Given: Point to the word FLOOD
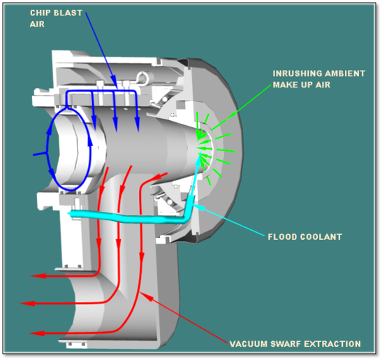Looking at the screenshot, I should tap(283, 237).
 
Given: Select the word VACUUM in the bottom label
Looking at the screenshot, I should tap(247, 343).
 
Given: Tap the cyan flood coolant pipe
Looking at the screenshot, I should tap(126, 217).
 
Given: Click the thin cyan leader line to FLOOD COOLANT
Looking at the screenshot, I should tap(230, 219).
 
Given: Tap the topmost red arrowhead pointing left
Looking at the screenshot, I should tap(35, 276).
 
